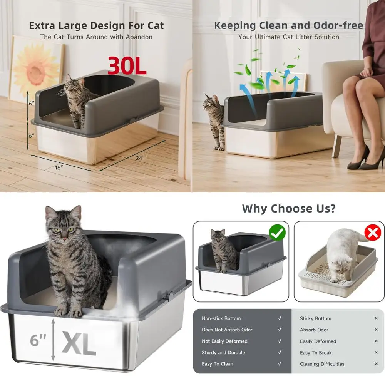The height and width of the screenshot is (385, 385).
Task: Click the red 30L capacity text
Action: (x=127, y=65)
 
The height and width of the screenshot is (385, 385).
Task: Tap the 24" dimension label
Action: (x=140, y=158)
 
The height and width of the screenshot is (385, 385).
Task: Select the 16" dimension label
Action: (x=59, y=167)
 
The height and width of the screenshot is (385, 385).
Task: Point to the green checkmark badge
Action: (x=277, y=233)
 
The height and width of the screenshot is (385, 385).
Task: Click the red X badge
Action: (x=373, y=233)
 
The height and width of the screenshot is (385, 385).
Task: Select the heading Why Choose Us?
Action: (x=289, y=209)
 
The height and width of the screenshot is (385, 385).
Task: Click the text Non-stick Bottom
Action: (x=221, y=318)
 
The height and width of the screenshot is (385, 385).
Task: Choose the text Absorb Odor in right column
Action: (x=314, y=330)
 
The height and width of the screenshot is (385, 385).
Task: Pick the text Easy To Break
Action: (x=316, y=353)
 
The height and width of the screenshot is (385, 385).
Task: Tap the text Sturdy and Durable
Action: (x=223, y=353)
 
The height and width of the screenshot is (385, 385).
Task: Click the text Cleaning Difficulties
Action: (x=322, y=364)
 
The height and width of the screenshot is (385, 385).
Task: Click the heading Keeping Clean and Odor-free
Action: (x=289, y=26)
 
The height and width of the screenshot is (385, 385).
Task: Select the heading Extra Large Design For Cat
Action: (x=96, y=26)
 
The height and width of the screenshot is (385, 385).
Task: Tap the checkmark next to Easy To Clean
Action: (x=280, y=364)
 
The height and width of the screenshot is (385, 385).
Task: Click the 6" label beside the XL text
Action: (x=38, y=340)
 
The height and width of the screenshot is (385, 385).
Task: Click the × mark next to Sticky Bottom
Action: (x=376, y=318)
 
